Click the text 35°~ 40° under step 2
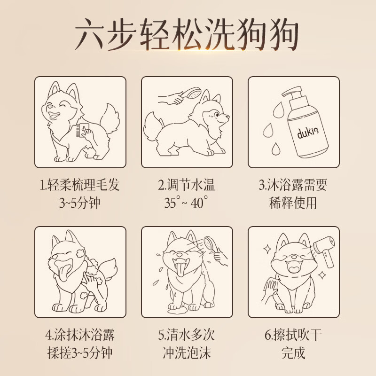(x=187, y=203)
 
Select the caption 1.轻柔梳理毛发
(x=80, y=184)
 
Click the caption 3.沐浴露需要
(x=293, y=184)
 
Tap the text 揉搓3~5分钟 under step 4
(x=80, y=353)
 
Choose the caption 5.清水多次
(x=187, y=335)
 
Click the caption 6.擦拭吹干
(x=293, y=335)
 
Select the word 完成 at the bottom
(x=293, y=353)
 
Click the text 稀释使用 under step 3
(x=293, y=203)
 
